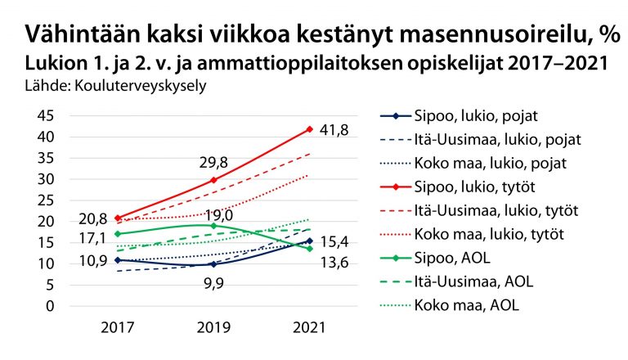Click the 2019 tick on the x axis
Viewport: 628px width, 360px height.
(x=213, y=326)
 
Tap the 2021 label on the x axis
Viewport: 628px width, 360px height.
(x=309, y=326)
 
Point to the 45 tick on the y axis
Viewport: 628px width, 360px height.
(x=46, y=115)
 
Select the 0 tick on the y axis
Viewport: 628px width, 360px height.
(x=50, y=306)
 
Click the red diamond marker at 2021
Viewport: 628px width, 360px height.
(x=309, y=129)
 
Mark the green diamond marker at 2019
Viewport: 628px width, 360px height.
(x=213, y=226)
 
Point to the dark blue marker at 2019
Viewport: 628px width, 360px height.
(x=213, y=264)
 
